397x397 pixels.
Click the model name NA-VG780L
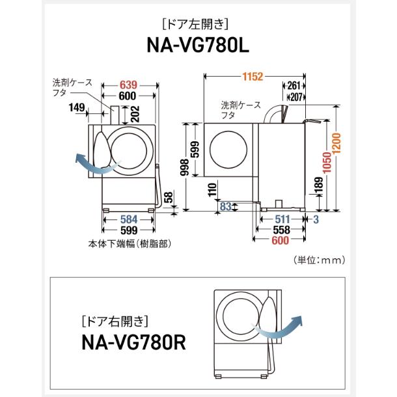pyautogui.click(x=198, y=46)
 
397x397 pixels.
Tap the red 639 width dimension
pyautogui.click(x=128, y=85)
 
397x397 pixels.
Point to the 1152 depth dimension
pyautogui.click(x=249, y=77)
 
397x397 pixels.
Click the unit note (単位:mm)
pyautogui.click(x=318, y=260)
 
